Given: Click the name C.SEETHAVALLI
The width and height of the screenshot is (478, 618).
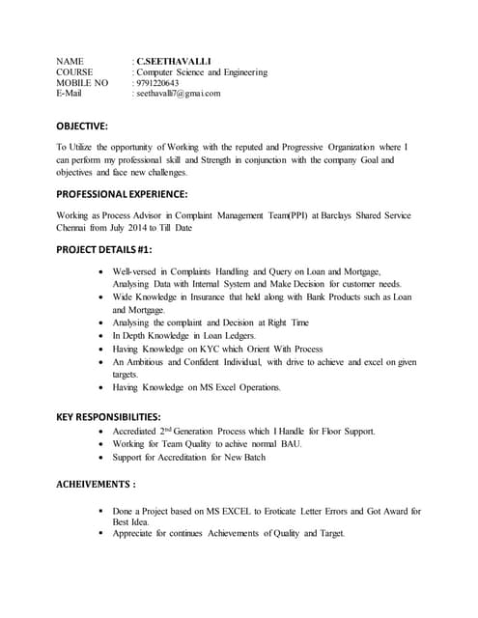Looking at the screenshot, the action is coord(175,60).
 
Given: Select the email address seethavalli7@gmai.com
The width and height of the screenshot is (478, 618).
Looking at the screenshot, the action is coord(179,95).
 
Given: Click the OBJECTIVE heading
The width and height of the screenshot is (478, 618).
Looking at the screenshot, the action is coord(82,126).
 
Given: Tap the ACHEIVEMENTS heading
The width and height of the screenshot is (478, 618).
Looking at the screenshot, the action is coord(95,483).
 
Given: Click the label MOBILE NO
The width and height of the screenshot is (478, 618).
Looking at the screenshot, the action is coord(82,83).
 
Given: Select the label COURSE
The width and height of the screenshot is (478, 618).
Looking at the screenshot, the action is coord(74,71).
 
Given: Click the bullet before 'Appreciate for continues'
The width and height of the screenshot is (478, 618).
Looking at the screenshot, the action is coord(102,533).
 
